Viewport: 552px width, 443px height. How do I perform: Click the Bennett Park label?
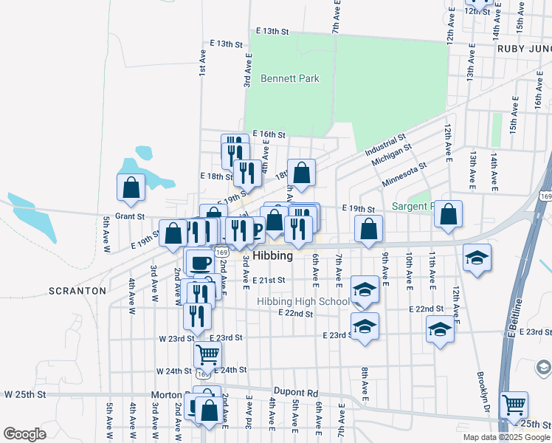tap(290, 78)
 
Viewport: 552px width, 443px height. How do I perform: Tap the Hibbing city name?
tap(272, 255)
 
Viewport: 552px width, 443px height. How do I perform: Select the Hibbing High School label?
tap(303, 301)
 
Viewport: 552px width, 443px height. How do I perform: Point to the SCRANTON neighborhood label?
tap(77, 291)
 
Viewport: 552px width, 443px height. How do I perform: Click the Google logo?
tap(24, 434)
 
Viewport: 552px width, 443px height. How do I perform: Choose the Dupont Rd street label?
tap(295, 394)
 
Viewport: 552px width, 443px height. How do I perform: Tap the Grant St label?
tap(128, 216)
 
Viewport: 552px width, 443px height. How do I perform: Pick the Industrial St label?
tap(385, 145)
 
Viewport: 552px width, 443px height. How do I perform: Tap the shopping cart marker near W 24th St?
tap(207, 354)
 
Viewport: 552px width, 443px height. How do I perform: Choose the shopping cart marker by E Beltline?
tap(514, 404)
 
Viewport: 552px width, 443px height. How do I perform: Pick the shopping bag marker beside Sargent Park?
tap(448, 213)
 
